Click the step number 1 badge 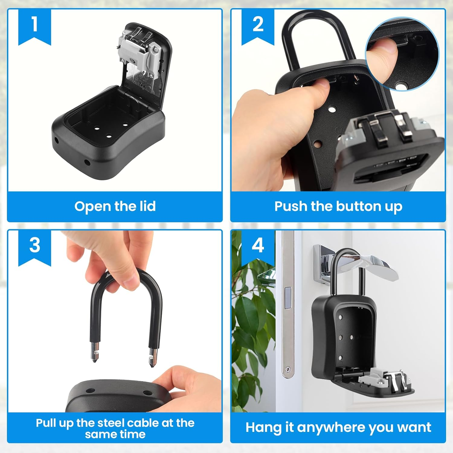point(34,25)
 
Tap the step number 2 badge point(258,25)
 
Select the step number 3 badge point(34,245)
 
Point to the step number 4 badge point(258,245)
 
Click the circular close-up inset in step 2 point(402,54)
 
